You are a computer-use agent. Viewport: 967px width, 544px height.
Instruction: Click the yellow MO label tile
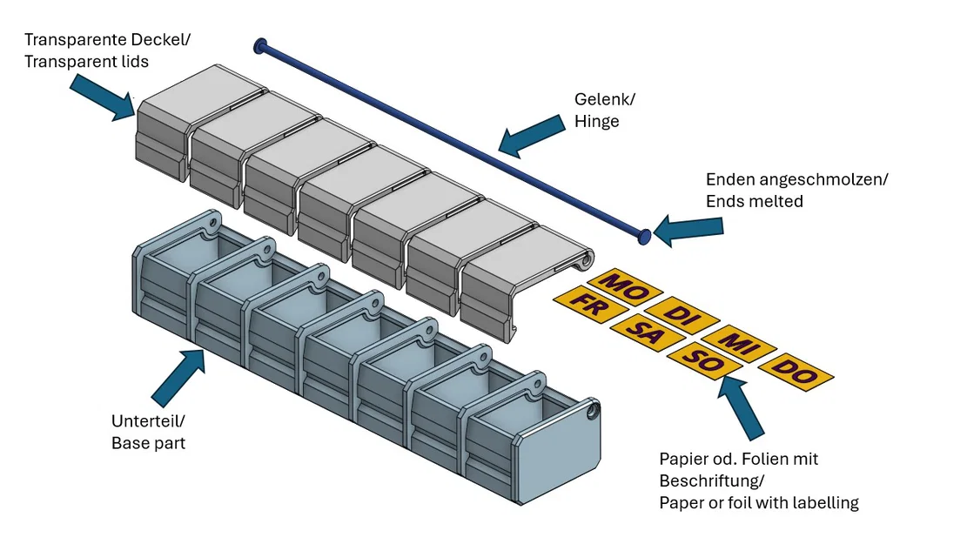624,284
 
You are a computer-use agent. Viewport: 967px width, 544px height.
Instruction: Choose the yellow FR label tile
589,305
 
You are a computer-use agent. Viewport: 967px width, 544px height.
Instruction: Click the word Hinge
596,122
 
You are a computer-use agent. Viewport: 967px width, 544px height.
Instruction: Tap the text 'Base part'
148,443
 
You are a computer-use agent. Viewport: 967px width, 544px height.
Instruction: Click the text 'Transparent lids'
86,62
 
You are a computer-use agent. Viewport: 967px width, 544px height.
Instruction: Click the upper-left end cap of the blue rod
259,44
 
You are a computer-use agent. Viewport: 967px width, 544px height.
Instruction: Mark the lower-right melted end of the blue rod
644,235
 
